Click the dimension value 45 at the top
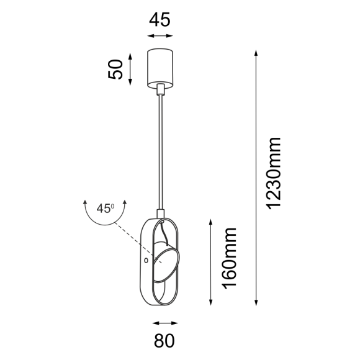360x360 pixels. coord(160,20)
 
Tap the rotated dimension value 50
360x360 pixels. coord(115,69)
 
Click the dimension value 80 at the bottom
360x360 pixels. coord(164,340)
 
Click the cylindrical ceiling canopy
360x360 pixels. coord(161,66)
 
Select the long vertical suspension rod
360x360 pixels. coord(161,155)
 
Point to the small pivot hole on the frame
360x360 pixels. coord(146,261)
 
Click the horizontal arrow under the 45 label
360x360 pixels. coord(160,37)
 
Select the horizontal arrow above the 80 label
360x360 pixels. coord(164,323)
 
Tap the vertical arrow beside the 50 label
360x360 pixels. coord(130,68)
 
